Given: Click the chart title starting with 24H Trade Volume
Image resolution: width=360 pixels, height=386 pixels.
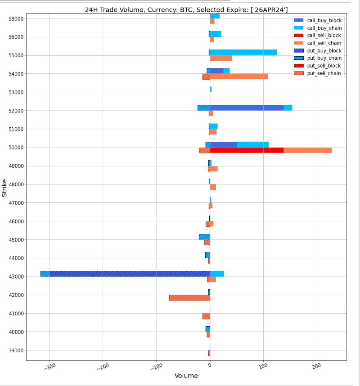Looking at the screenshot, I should coord(186,9).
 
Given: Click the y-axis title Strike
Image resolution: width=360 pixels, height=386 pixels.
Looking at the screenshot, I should coord(5,188).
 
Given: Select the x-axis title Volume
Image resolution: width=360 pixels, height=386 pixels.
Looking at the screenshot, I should coord(186,376).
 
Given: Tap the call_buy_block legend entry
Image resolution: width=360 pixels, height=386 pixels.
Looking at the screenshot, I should coord(324,20).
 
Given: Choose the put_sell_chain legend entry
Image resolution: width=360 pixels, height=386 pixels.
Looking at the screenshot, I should coord(324,73).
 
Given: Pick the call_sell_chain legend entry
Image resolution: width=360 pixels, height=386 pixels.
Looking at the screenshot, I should coord(324,43).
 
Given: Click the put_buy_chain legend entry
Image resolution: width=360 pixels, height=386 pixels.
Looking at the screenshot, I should coord(324,58).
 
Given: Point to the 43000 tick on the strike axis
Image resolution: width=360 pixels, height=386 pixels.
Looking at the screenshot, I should coord(16,277).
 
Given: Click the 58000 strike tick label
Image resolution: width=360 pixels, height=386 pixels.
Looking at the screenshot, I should coord(16,18).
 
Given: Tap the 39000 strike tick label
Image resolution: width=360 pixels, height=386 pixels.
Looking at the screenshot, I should coord(16,350).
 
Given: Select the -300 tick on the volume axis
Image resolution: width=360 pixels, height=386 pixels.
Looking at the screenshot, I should coord(49,366).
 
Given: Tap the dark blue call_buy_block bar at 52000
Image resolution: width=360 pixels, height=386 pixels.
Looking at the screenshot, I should coord(247,108).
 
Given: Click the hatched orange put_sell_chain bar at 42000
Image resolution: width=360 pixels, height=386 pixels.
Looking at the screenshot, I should coord(189,298).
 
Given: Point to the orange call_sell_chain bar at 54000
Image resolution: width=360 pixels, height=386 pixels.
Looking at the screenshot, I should coord(238,76).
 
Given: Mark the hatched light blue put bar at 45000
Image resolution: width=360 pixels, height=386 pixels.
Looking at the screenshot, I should coord(204,237).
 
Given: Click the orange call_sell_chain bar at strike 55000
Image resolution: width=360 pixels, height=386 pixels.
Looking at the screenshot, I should coord(221,58).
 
